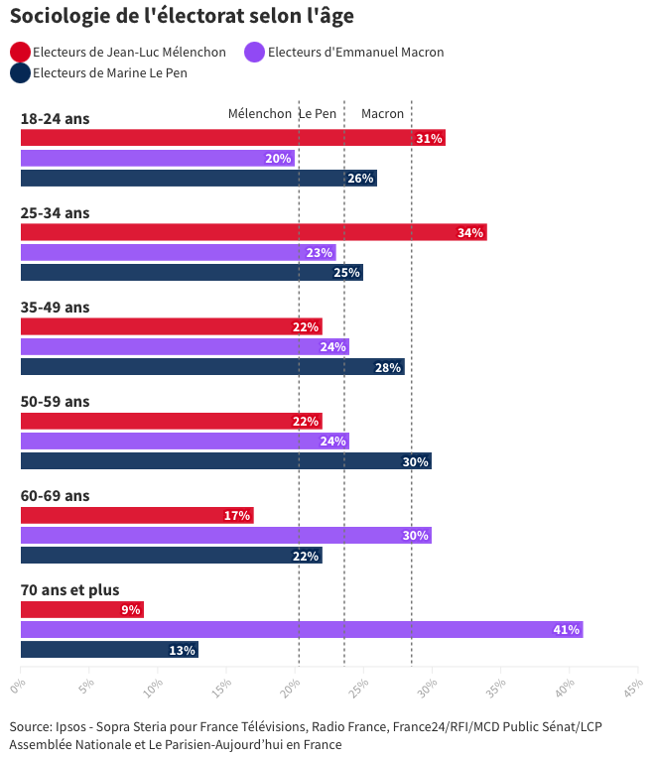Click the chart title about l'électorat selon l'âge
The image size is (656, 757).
[182, 16]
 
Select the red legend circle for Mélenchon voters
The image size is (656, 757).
[20, 53]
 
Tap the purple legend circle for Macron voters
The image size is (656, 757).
[255, 53]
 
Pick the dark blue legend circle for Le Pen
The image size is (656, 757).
[20, 73]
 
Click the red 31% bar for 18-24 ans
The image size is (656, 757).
[232, 138]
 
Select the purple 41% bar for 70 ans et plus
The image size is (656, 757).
[301, 630]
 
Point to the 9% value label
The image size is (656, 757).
[130, 610]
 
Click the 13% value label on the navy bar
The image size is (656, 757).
[182, 651]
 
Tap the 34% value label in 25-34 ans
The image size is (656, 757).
[469, 233]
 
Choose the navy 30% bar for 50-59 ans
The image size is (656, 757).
[225, 461]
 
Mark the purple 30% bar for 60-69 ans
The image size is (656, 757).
[225, 536]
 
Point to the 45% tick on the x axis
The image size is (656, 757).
[632, 686]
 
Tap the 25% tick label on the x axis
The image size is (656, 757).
[359, 686]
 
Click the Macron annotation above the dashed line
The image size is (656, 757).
[382, 114]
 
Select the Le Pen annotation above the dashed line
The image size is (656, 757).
[318, 114]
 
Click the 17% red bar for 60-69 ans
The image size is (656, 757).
[137, 516]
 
